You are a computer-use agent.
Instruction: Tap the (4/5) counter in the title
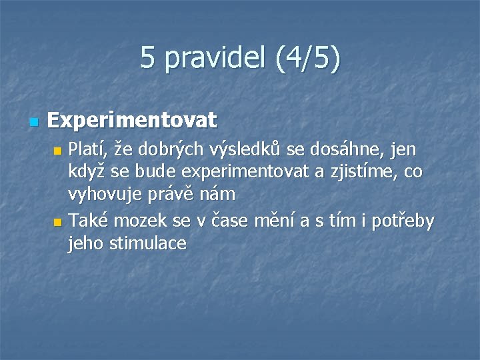(x=306, y=58)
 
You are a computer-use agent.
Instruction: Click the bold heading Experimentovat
(x=133, y=121)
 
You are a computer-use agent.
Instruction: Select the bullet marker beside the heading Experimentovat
(x=34, y=122)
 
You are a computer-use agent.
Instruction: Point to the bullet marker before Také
(x=57, y=221)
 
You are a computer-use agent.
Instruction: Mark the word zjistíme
(x=363, y=172)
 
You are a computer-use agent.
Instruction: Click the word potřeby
(x=403, y=219)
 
